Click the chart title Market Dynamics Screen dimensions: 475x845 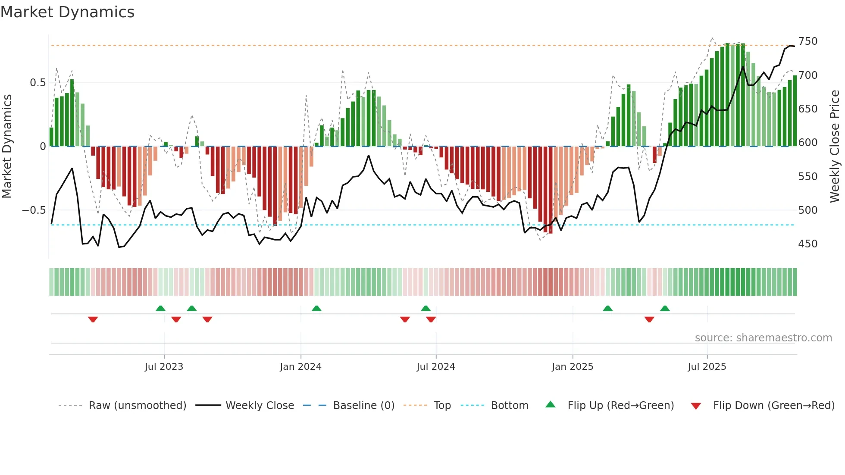pos(68,12)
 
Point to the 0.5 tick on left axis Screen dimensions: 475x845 pos(38,82)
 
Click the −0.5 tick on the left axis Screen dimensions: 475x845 pos(34,210)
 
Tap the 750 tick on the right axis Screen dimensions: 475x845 pos(807,41)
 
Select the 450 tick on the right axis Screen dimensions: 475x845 pos(807,244)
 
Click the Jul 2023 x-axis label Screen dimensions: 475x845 pos(164,367)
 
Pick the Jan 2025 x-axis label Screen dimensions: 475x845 pos(572,367)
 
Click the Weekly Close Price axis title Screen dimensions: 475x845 pos(835,147)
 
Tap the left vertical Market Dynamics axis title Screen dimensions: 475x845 pos(7,147)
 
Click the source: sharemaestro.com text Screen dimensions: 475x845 pos(763,338)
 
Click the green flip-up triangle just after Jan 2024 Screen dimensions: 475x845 pos(316,309)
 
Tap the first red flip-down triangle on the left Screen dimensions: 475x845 pos(93,319)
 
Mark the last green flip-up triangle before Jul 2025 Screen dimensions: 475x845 pos(665,309)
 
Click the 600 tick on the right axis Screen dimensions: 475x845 pos(807,143)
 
